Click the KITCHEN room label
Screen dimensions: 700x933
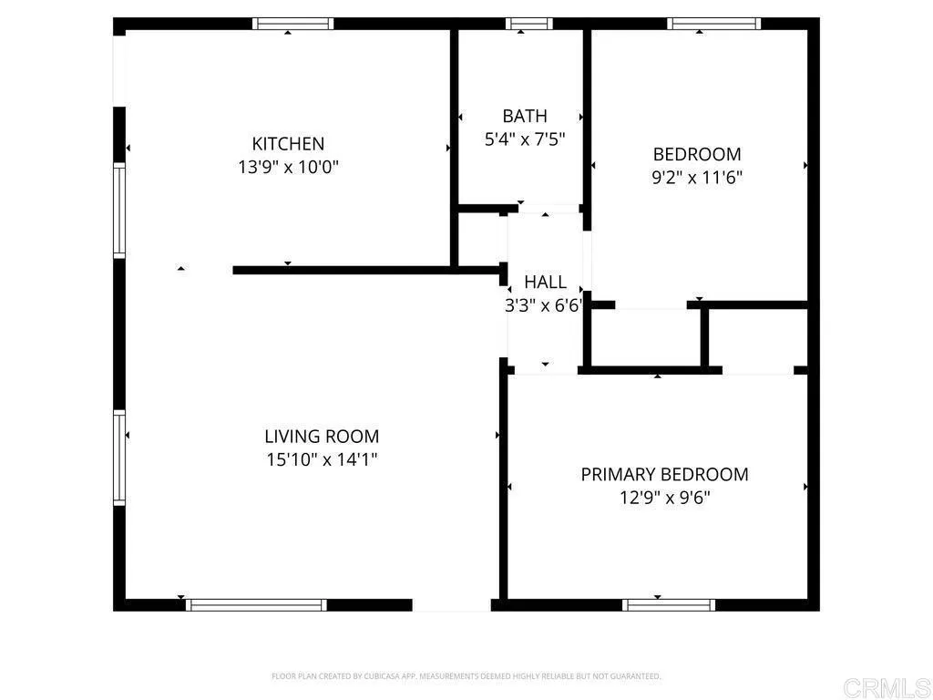pyautogui.click(x=288, y=144)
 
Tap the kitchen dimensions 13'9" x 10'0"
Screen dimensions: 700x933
pyautogui.click(x=288, y=168)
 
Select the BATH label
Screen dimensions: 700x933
pyautogui.click(x=525, y=116)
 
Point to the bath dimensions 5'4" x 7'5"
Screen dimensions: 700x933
pyautogui.click(x=525, y=139)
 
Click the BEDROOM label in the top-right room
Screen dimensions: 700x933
pyautogui.click(x=697, y=154)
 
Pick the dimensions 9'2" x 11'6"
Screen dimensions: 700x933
pyautogui.click(x=697, y=178)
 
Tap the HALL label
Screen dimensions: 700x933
pyautogui.click(x=545, y=283)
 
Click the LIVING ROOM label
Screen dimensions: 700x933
pyautogui.click(x=322, y=437)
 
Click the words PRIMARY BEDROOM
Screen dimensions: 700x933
pyautogui.click(x=665, y=475)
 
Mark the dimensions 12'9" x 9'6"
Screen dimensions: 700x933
pyautogui.click(x=665, y=499)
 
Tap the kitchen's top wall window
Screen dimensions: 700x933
pyautogui.click(x=293, y=24)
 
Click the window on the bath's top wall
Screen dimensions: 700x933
pyautogui.click(x=529, y=24)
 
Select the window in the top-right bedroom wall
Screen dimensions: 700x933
pyautogui.click(x=713, y=24)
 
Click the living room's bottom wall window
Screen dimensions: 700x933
pyautogui.click(x=256, y=604)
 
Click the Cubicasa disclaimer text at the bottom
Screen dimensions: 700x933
pyautogui.click(x=466, y=676)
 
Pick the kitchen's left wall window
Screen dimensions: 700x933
pyautogui.click(x=118, y=210)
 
